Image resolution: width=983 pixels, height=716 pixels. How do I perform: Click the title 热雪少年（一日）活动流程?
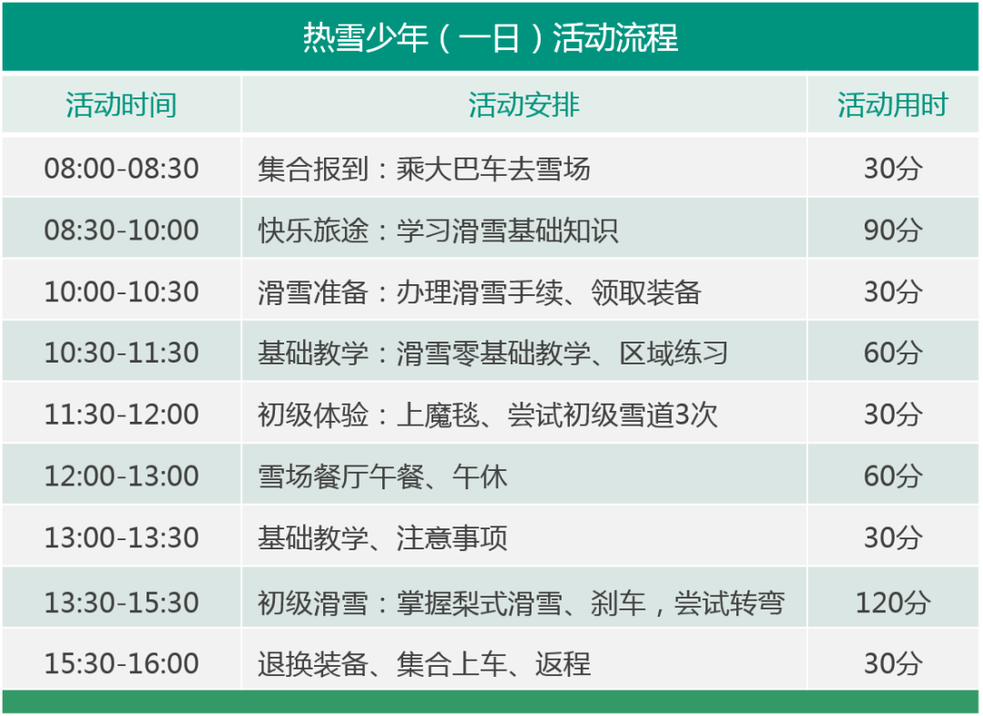coord(491,37)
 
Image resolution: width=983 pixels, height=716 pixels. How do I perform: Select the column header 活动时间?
coord(121,105)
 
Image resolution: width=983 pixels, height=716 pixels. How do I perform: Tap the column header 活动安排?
coord(524,105)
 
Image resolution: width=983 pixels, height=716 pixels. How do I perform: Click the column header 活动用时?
coord(893,105)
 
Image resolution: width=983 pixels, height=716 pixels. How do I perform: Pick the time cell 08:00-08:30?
coord(122,169)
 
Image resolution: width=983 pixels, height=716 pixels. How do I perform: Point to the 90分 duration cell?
coord(893,230)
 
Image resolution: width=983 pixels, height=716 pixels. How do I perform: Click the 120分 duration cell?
coord(893,602)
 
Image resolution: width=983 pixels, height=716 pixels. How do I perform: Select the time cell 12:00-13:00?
coord(122,476)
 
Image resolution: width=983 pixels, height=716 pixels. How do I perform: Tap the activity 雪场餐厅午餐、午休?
coord(382,476)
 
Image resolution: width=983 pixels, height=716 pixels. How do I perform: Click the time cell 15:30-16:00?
coord(122,663)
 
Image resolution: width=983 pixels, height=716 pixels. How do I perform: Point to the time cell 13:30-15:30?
coord(122,602)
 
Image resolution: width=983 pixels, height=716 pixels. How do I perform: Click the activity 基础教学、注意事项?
coord(382,537)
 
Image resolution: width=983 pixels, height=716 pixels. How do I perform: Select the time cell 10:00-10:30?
coord(122,292)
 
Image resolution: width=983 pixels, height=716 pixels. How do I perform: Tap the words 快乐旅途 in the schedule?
coord(313,230)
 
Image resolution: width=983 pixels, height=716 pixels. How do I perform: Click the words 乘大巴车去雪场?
coord(493,169)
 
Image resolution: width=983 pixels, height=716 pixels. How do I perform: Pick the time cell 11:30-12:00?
coord(122,414)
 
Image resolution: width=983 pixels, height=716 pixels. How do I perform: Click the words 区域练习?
coord(674,353)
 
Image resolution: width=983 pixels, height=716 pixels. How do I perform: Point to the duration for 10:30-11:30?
coord(893,353)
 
